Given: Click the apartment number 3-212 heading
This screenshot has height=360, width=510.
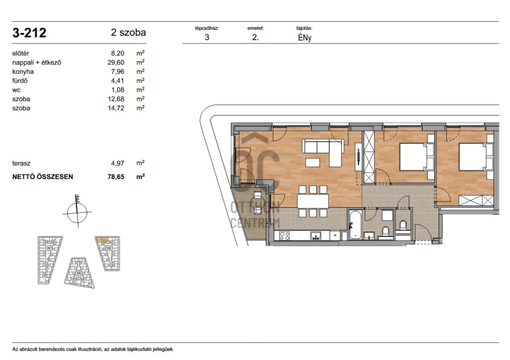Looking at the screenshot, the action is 29,33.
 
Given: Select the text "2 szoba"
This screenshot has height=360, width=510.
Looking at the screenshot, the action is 128,32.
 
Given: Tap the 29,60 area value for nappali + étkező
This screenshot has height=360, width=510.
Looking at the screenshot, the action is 116,62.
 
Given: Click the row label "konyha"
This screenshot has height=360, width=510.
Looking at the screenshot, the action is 23,71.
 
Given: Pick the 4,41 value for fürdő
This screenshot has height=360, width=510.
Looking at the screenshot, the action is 117,81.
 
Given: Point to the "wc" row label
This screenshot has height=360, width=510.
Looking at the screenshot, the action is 17,90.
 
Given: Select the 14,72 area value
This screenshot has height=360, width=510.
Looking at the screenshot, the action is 116,108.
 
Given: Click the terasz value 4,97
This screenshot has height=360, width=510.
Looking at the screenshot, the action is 117,163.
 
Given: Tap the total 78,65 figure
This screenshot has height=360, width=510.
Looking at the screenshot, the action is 116,176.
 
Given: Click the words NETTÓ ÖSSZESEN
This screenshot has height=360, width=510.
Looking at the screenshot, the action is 43,176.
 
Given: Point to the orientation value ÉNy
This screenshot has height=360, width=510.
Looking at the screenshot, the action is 305,38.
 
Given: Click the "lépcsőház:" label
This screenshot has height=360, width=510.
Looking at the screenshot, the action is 207,28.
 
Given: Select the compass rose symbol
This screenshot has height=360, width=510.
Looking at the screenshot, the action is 77,212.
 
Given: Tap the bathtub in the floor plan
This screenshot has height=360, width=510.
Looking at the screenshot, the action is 355,225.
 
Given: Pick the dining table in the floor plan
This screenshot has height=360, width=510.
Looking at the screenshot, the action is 313,201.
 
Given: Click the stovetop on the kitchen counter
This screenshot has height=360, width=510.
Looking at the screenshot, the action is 284,236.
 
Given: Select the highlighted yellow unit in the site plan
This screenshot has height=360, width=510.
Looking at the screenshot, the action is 101,240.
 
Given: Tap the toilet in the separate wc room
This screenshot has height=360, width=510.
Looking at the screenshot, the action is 403,226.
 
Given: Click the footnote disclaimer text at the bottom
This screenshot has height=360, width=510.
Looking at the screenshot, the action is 93,349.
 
